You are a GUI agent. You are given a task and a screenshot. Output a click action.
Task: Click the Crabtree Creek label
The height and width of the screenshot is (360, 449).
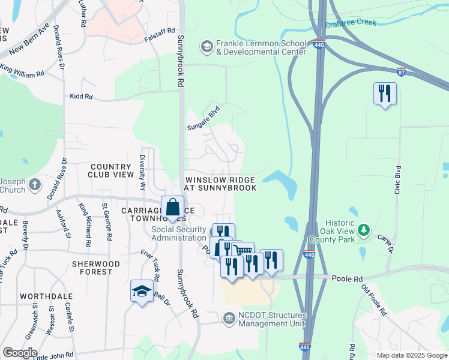pyautogui.click(x=351, y=23)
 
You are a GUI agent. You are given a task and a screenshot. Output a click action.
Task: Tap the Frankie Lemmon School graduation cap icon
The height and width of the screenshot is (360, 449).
pyautogui.click(x=206, y=46)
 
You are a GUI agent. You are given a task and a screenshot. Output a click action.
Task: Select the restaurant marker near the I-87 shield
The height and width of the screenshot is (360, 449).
pyautogui.click(x=384, y=94)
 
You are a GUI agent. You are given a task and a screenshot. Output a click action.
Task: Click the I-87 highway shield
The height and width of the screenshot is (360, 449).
pyautogui.click(x=400, y=71)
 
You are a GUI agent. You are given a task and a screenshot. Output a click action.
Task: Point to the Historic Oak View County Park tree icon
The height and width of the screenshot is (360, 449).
pyautogui.click(x=363, y=230)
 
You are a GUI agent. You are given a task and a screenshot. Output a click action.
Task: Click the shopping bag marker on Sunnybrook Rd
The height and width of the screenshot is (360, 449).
pyautogui.click(x=173, y=207)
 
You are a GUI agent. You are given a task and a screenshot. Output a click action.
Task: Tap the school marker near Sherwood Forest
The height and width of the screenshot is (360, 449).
pyautogui.click(x=142, y=292)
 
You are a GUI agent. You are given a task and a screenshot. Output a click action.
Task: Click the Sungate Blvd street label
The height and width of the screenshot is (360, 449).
pyautogui.click(x=203, y=119)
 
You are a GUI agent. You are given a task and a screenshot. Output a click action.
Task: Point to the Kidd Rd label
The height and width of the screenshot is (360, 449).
pyautogui.click(x=81, y=96)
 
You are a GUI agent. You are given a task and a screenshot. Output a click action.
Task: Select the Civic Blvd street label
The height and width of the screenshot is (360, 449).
pyautogui.click(x=397, y=180)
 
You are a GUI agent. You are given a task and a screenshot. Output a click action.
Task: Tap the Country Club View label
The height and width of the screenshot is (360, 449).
pyautogui.click(x=111, y=170)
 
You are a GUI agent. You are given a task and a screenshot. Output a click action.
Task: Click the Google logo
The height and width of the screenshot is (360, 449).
pyautogui.click(x=20, y=353)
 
